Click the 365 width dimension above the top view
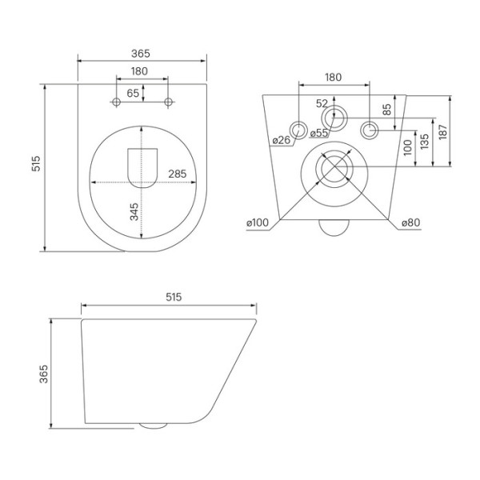tap(141, 53)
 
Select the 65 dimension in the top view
tap(132, 93)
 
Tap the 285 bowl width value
tap(178, 173)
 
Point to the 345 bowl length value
tap(134, 211)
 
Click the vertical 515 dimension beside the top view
tap(35, 165)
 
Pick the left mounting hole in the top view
tap(116, 102)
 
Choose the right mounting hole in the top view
tap(168, 102)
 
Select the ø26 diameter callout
tap(281, 140)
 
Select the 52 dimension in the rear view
tap(322, 103)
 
